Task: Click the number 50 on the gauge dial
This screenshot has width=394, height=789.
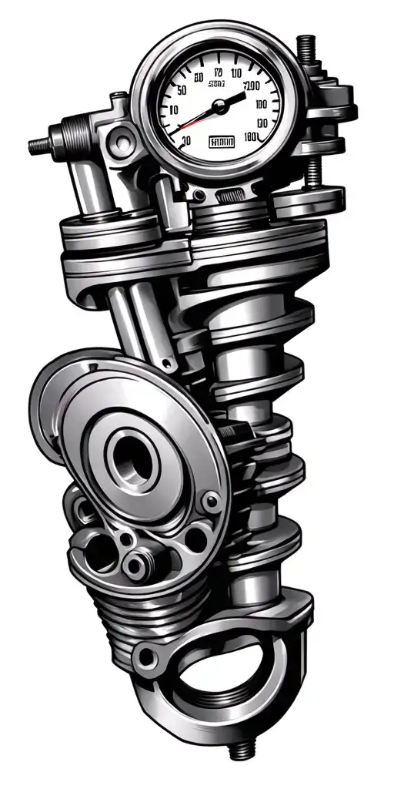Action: [182, 90]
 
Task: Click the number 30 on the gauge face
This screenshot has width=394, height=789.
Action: [183, 141]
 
